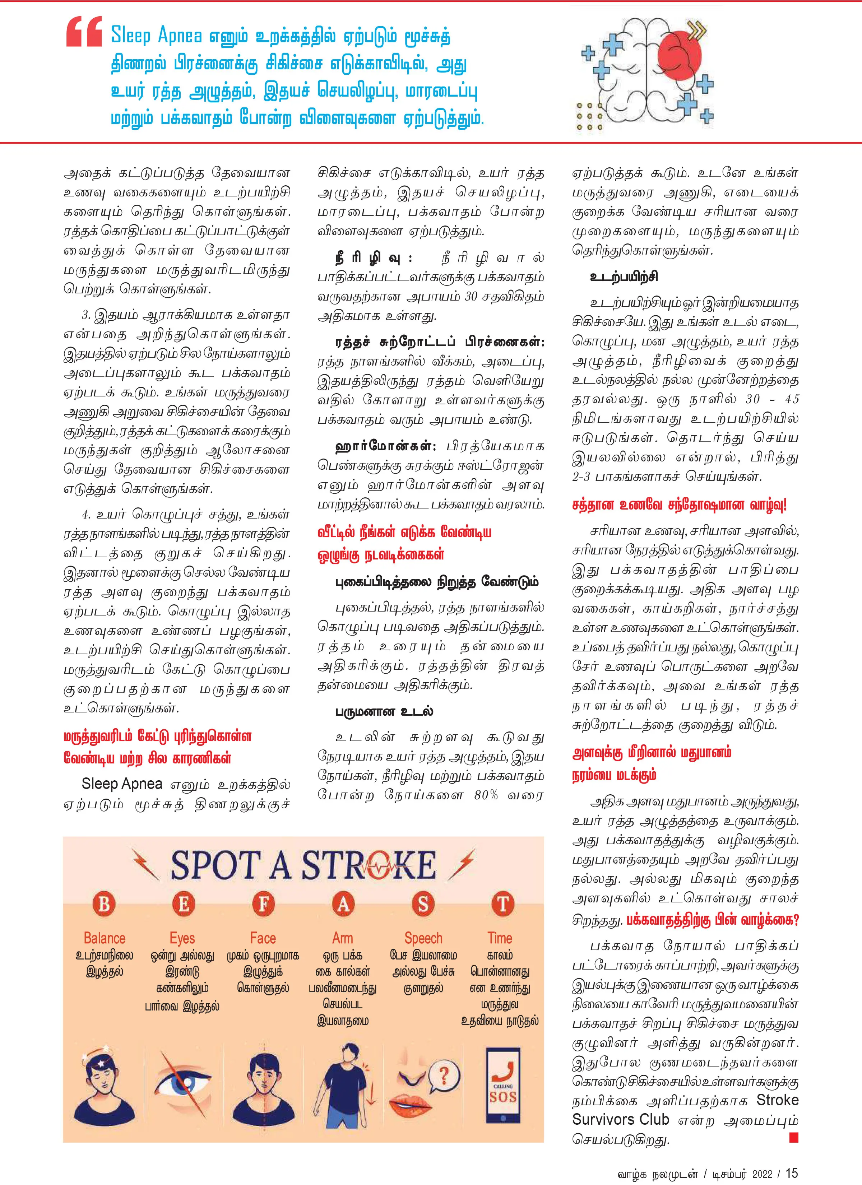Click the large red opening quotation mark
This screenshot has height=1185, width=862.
click(x=84, y=32)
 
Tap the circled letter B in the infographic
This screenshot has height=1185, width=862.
click(x=104, y=904)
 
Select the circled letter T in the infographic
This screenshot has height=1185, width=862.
click(x=503, y=904)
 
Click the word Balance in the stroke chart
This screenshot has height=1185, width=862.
click(x=104, y=938)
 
